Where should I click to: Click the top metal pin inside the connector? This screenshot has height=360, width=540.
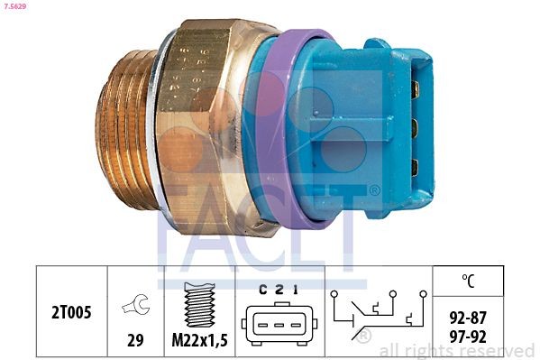tap(415, 89)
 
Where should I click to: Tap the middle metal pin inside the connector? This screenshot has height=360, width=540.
tap(415, 127)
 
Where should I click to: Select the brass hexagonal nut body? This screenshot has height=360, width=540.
tap(212, 126)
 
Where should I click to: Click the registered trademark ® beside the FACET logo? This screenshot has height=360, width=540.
tap(374, 191)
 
